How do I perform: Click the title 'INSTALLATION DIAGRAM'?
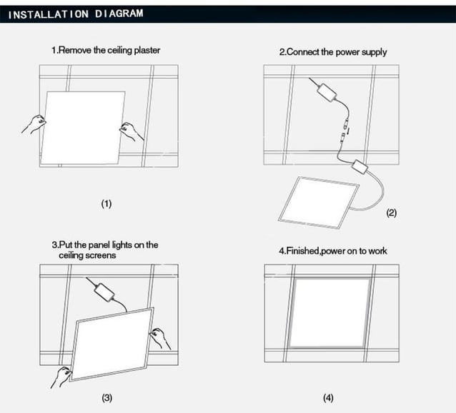click(76, 14)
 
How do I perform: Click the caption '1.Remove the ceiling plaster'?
click(105, 51)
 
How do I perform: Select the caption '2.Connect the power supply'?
click(332, 52)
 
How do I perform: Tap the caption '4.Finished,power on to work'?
click(332, 251)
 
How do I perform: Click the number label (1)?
click(106, 204)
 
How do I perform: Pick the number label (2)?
click(391, 213)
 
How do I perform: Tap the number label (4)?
click(328, 397)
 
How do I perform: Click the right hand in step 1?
click(132, 130)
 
